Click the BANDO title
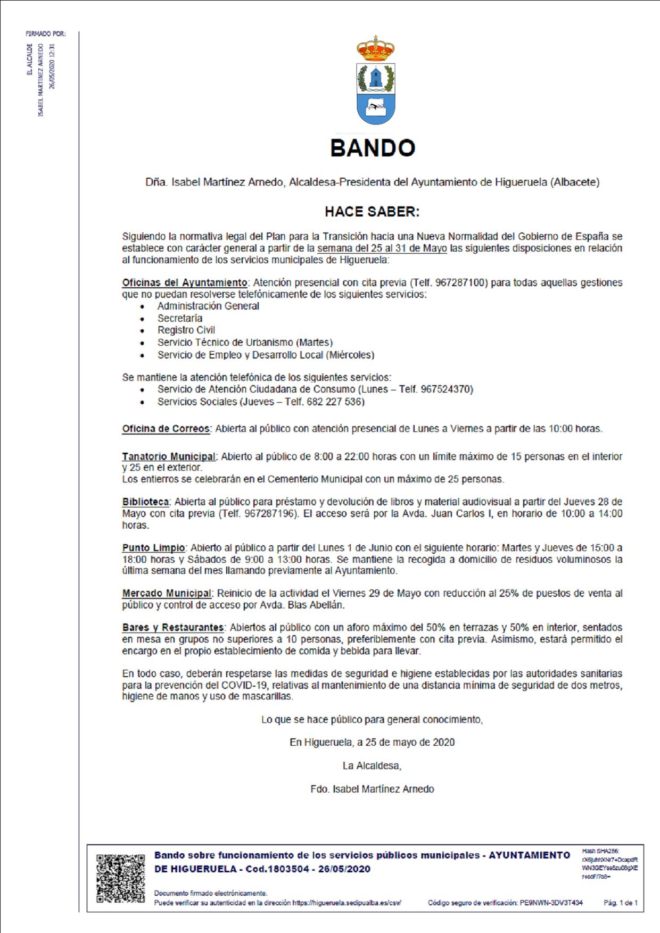[x=373, y=148]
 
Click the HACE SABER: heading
[x=372, y=212]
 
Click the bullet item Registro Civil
[x=186, y=330]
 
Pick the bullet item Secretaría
[x=179, y=318]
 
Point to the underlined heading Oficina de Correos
[x=166, y=429]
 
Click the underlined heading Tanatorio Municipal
[x=169, y=456]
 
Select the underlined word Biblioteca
[x=145, y=502]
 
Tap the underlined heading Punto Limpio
[x=153, y=547]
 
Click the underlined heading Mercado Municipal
[x=167, y=593]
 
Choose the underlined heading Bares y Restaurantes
[x=173, y=627]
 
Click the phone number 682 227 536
[x=335, y=402]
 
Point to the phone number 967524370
[x=446, y=389]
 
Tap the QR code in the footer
[x=120, y=878]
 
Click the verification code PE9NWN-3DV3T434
[x=551, y=903]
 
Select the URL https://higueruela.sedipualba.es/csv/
[x=346, y=903]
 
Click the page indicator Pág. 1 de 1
[x=620, y=903]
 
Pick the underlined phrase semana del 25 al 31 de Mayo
[x=382, y=248]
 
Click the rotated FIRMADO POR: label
[x=46, y=34]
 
